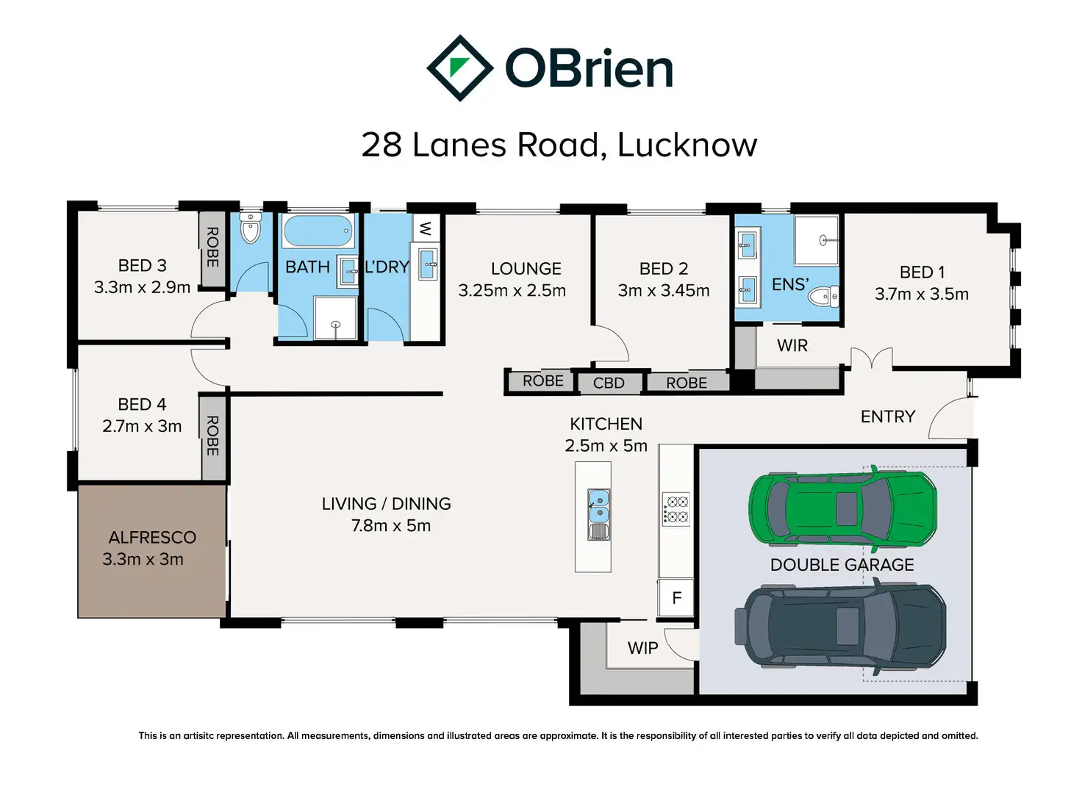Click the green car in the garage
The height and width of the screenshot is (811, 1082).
(842, 508)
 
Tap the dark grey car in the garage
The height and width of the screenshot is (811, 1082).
(839, 626)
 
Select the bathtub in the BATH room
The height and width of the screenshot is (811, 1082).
(318, 231)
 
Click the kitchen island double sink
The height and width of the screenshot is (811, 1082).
(598, 507)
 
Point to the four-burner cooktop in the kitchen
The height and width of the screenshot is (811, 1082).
(676, 509)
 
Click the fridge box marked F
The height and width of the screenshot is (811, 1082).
(676, 598)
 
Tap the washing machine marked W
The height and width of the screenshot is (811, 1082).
(426, 228)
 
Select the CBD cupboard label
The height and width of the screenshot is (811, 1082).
(609, 383)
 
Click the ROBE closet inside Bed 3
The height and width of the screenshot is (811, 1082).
(212, 249)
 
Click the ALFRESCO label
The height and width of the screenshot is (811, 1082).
(152, 537)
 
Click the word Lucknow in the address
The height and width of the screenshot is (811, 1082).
(687, 145)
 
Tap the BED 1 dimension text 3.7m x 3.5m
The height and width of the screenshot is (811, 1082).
(921, 294)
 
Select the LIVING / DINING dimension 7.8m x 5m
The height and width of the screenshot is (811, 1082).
(391, 526)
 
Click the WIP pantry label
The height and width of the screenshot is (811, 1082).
(642, 648)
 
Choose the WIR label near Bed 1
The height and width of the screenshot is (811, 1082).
(792, 346)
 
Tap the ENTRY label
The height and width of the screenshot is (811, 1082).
(888, 417)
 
